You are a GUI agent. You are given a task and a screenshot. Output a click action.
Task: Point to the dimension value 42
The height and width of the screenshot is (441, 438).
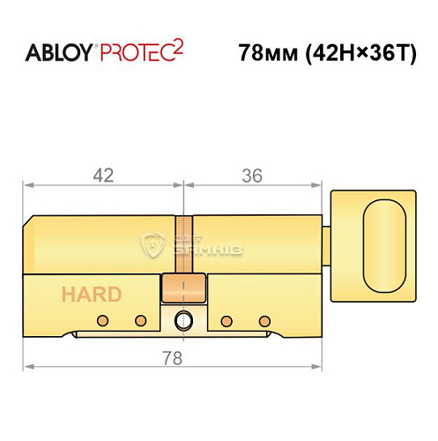tap(103, 176)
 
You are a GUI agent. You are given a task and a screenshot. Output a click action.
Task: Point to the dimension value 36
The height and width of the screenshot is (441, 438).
tap(252, 176)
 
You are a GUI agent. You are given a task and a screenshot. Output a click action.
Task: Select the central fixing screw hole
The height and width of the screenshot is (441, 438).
tap(183, 319)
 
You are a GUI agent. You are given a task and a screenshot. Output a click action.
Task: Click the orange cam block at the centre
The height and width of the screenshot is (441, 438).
tap(183, 288)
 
